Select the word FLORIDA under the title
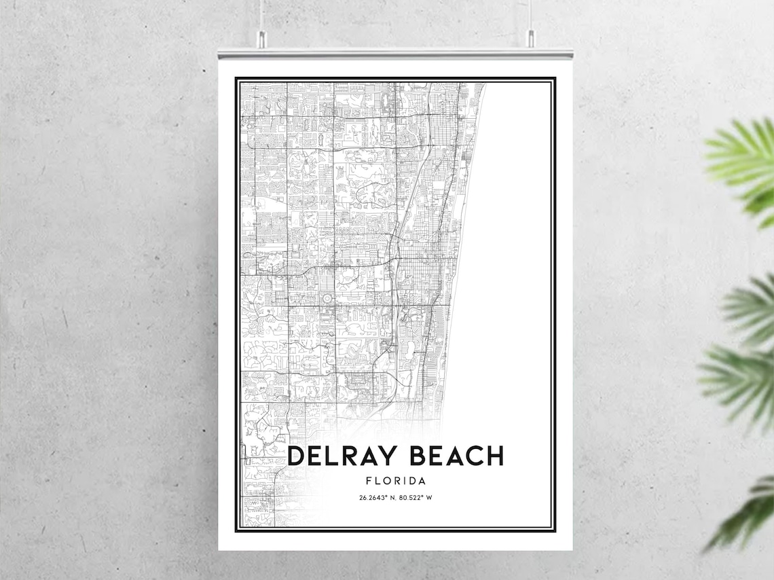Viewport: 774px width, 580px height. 395,481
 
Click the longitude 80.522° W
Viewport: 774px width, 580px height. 415,498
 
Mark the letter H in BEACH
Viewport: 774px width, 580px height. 494,456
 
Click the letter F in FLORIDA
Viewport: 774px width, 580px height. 368,481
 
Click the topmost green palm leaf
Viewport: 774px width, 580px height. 743,163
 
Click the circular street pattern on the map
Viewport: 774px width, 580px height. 325,299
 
